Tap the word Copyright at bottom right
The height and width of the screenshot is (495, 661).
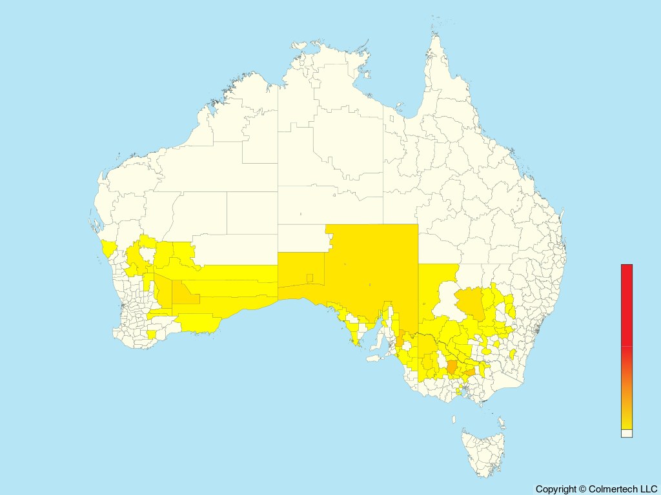(x=556, y=489)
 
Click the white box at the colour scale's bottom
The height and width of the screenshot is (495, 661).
(x=627, y=433)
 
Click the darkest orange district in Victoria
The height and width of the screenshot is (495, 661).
(x=453, y=367)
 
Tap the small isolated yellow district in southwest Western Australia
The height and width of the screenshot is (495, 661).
(x=152, y=335)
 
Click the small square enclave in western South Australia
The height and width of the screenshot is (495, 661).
(x=310, y=278)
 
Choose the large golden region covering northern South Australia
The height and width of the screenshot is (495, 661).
(x=371, y=264)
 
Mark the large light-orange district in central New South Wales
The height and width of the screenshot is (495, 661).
(x=470, y=303)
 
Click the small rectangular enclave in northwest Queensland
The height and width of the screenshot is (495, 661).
(x=391, y=119)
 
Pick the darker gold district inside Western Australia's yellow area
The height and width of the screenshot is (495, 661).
(x=187, y=295)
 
